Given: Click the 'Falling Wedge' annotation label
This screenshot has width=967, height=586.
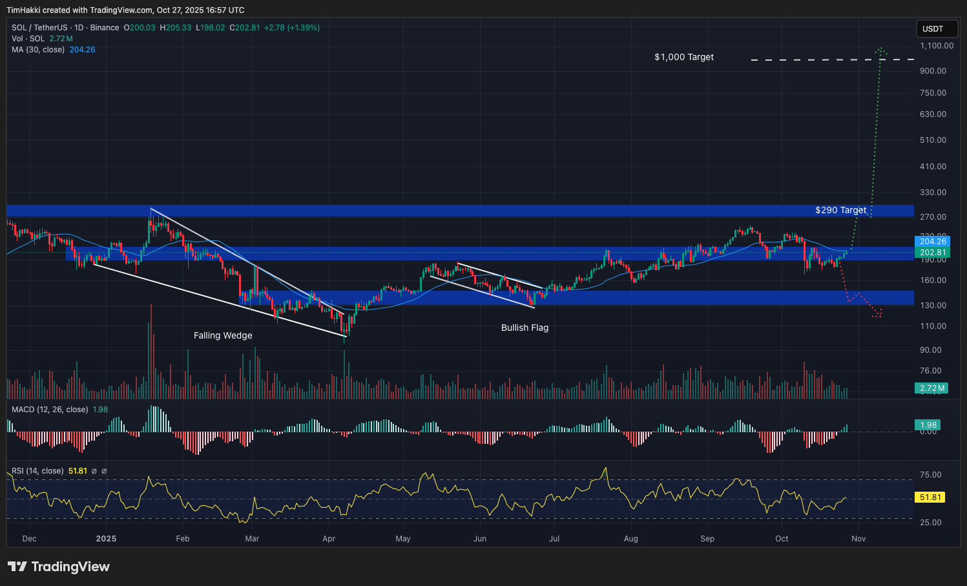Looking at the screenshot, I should pos(223,335).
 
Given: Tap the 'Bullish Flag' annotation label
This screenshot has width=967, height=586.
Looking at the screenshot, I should pos(525,328).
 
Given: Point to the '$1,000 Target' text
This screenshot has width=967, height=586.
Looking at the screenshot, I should pos(684,57).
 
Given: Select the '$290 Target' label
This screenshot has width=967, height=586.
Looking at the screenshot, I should pos(840,210).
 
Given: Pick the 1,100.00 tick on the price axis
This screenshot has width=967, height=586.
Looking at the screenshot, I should pos(937,46).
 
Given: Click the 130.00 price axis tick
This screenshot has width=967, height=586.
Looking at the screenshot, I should pos(933,305).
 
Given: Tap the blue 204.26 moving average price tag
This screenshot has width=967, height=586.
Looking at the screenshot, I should pos(933,242).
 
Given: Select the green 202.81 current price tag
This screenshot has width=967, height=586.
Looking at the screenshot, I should pos(933,253).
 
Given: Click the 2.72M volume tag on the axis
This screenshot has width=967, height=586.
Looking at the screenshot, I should pos(932,388).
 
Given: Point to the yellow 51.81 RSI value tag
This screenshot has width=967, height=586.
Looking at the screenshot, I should pos(931,497).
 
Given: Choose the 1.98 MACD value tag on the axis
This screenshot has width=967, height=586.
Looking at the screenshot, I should pos(928,425).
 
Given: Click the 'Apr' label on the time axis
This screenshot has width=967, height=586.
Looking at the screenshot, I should pos(329,539).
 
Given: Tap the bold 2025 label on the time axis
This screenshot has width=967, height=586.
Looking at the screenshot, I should pos(106,539).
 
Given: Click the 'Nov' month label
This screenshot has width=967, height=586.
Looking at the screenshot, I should pos(858,539).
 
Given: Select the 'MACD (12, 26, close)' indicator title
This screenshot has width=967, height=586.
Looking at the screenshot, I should pos(50,410).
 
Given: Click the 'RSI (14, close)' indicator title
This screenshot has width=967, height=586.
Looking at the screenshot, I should pos(37,471).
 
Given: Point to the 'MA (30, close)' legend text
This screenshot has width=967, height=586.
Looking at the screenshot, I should pos(38,50).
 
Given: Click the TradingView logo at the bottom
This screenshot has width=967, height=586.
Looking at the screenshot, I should pos(59,567).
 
